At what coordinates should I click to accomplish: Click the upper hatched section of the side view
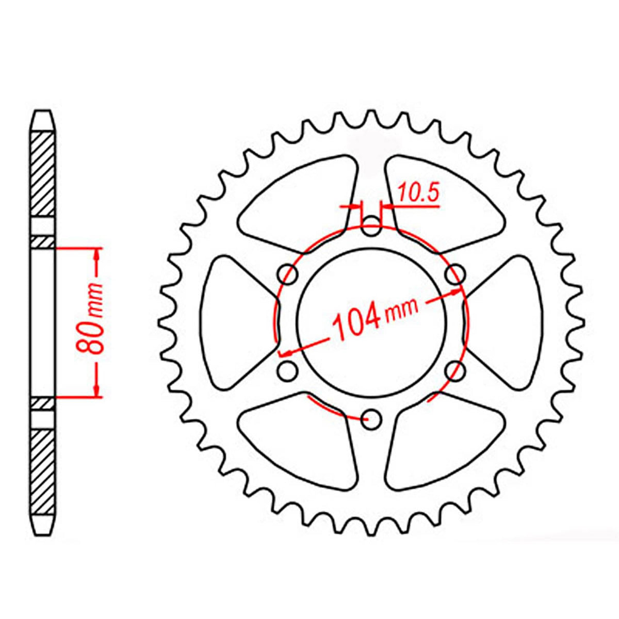(x=42, y=173)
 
